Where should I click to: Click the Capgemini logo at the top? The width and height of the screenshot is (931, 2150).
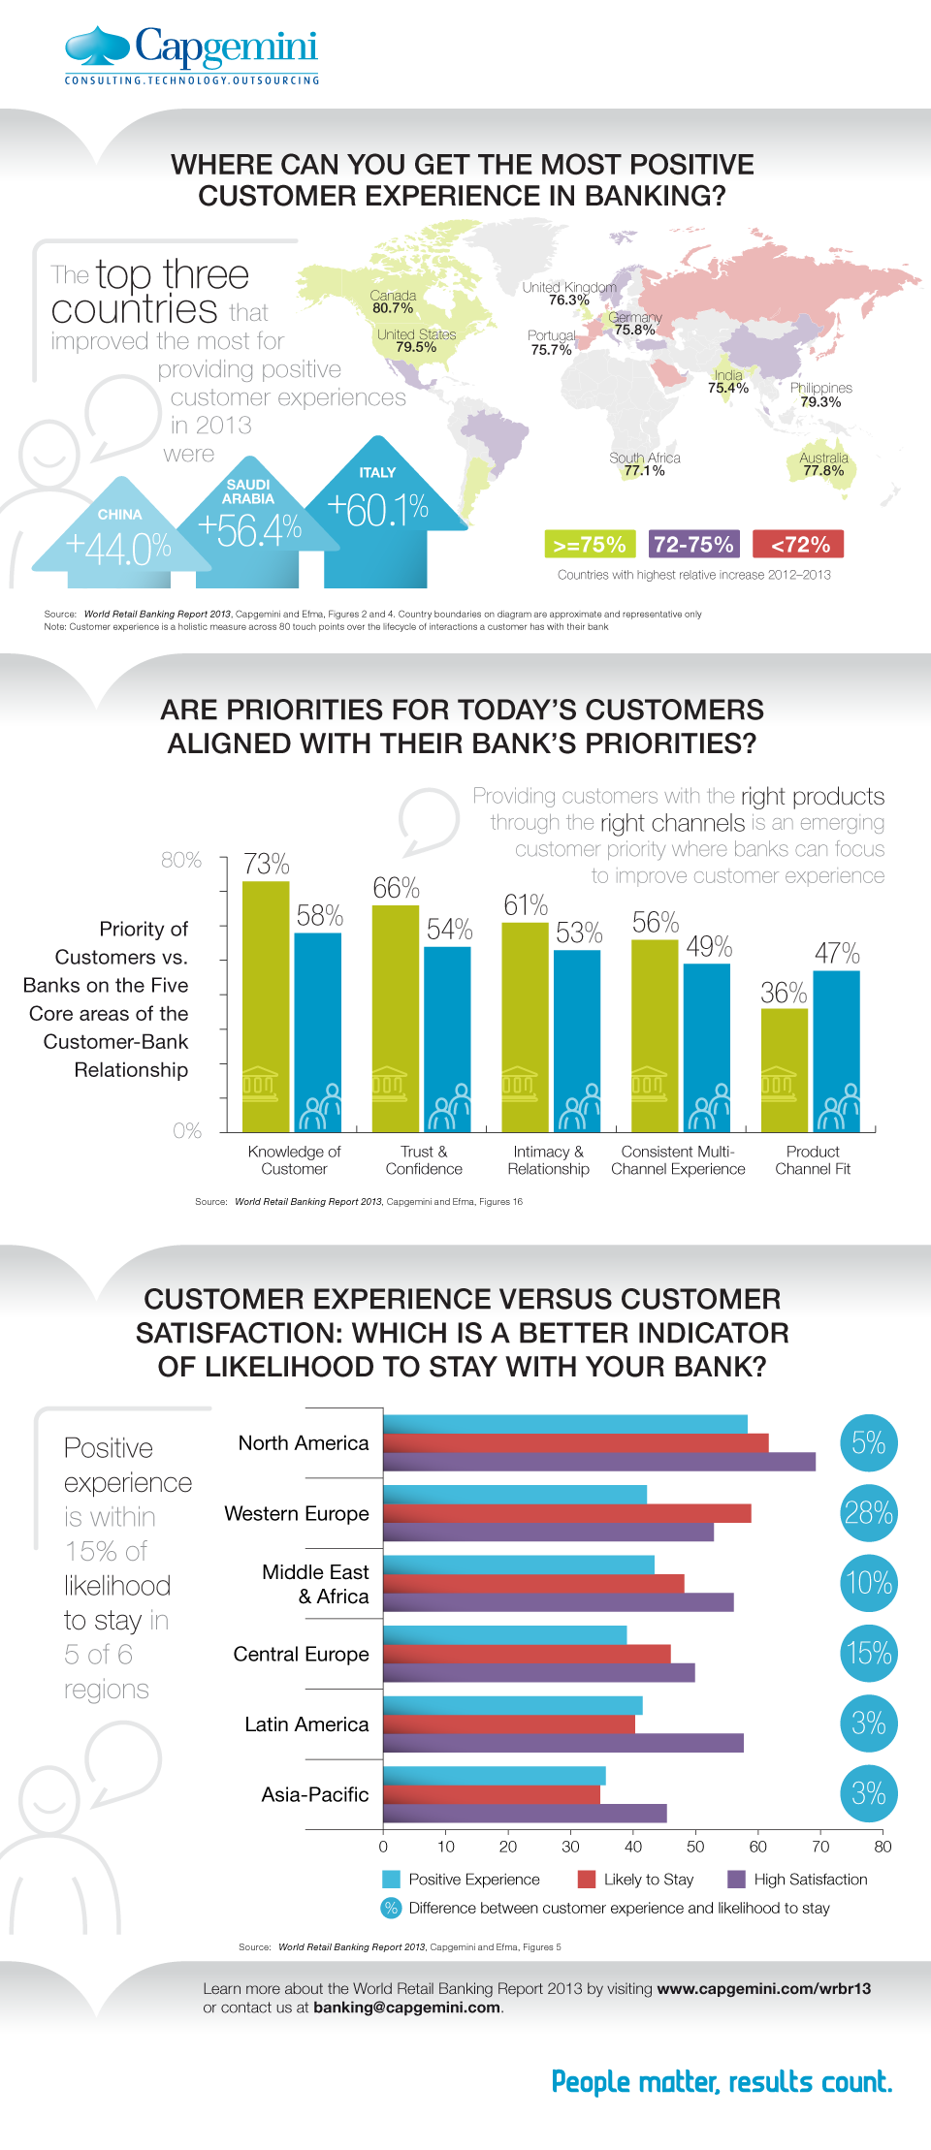(x=192, y=54)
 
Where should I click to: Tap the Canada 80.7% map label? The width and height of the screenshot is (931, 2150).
(x=393, y=302)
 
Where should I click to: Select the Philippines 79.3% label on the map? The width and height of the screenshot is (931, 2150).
(x=820, y=395)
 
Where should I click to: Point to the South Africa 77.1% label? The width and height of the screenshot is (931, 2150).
(x=645, y=464)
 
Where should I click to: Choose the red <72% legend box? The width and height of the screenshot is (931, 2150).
(x=798, y=544)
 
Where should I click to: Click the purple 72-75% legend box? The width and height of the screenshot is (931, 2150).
(x=694, y=544)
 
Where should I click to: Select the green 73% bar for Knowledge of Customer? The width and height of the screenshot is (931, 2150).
(x=266, y=1006)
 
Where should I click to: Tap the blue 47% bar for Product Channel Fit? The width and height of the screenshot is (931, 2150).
(x=836, y=1051)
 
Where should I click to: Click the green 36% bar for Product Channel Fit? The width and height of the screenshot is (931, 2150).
(x=784, y=1070)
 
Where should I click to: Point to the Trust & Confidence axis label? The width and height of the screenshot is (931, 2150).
(x=424, y=1160)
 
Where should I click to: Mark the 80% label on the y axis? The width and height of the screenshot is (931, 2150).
(x=181, y=860)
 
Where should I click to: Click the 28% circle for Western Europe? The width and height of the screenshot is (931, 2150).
(x=869, y=1513)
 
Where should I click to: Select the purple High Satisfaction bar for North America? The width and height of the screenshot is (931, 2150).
(x=599, y=1462)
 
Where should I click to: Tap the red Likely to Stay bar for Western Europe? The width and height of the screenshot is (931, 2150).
(x=567, y=1513)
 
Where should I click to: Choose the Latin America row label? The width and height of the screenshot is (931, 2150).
(x=306, y=1724)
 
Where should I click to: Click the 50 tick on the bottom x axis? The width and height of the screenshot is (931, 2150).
(x=695, y=1847)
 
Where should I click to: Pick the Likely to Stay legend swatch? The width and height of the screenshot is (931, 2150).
(x=586, y=1880)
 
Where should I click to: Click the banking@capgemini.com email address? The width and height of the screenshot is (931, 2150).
(x=407, y=2008)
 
